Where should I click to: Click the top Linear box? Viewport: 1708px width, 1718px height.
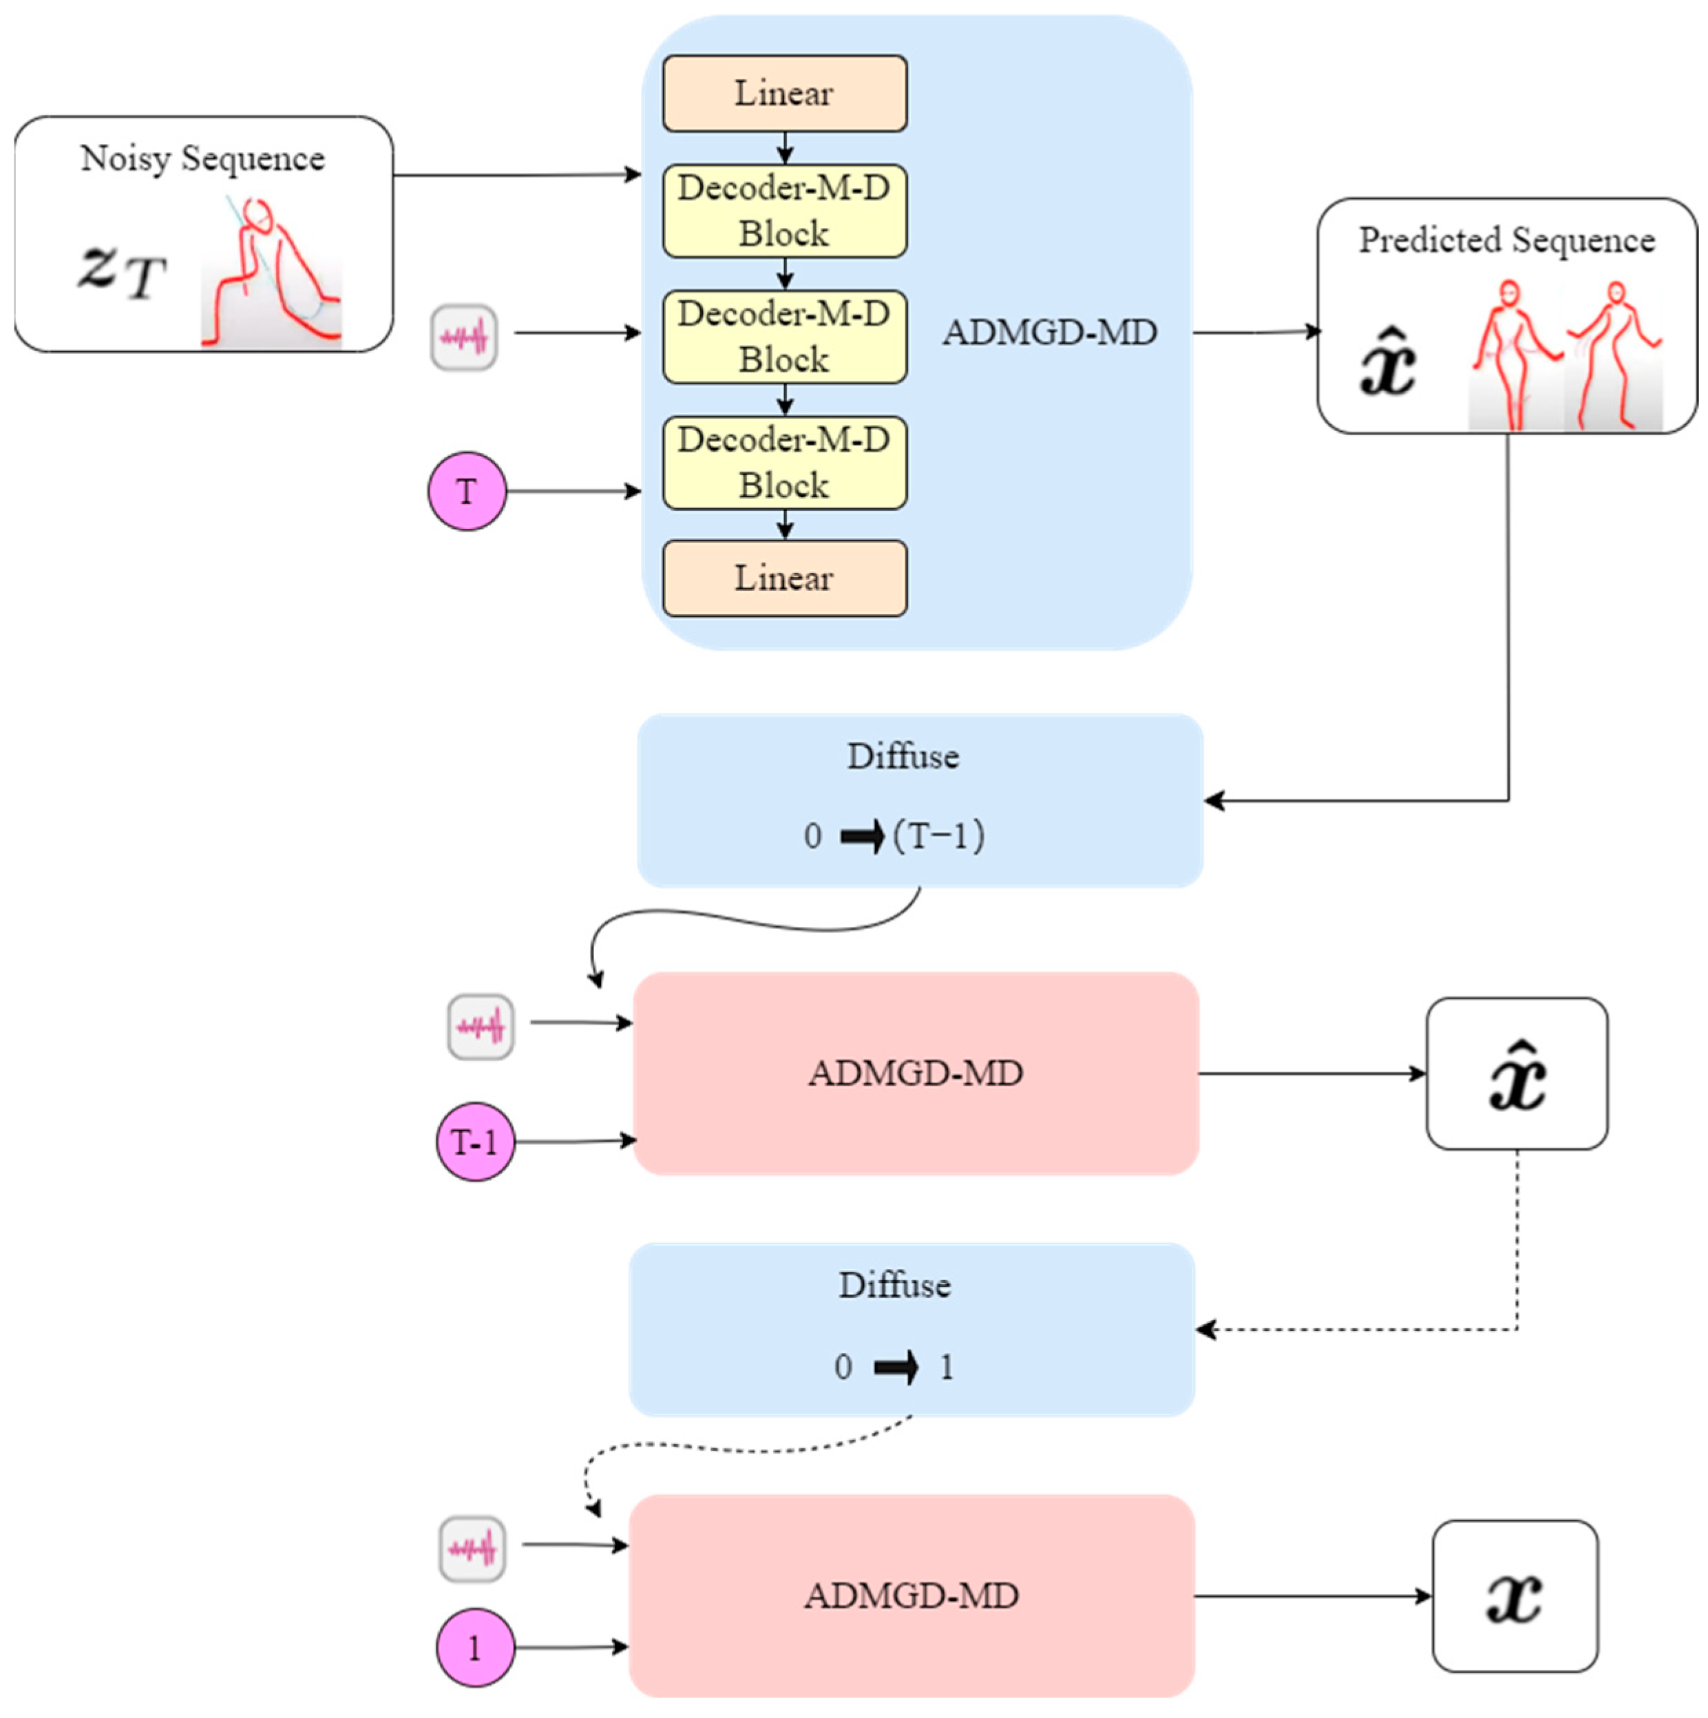click(x=784, y=94)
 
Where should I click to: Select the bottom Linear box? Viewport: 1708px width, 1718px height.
click(x=784, y=578)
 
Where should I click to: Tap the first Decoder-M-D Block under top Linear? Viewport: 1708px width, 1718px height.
click(x=784, y=211)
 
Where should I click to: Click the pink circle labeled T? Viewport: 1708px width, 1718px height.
click(x=467, y=491)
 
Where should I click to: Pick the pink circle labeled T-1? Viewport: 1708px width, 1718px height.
click(x=475, y=1142)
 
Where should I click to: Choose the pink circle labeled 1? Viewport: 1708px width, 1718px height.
click(x=475, y=1648)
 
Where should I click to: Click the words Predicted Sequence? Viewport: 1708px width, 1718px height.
click(x=1506, y=240)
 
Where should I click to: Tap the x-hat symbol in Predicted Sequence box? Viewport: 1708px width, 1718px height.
click(x=1388, y=363)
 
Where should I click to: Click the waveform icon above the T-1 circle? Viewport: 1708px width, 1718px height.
click(x=480, y=1027)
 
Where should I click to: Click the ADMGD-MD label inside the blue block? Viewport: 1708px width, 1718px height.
click(x=1049, y=333)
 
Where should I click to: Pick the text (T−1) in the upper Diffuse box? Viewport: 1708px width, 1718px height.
click(x=939, y=836)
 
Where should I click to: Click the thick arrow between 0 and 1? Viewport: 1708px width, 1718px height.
click(x=896, y=1367)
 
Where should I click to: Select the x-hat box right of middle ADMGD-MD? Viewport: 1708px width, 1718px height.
click(x=1517, y=1074)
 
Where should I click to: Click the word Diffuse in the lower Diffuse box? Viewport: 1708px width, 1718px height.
click(x=894, y=1286)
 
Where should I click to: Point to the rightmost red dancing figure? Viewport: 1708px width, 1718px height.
click(x=1614, y=356)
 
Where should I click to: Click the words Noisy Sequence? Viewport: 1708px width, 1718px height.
click(x=202, y=158)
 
